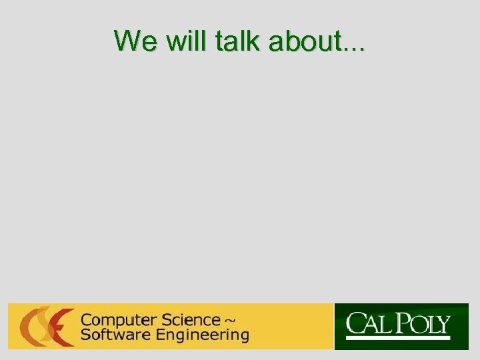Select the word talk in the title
tap(241, 41)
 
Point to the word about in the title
tap(304, 41)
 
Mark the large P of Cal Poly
tap(403, 325)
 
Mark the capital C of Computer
tap(86, 320)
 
